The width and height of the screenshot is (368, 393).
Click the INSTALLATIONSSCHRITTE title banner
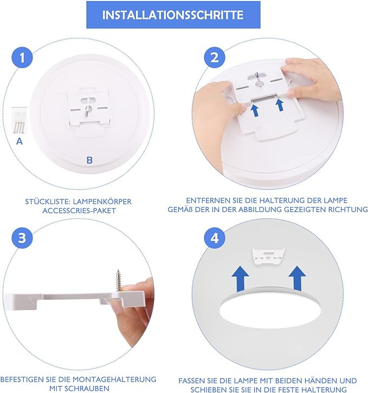click(173, 15)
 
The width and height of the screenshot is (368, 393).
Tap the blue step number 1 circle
click(22, 57)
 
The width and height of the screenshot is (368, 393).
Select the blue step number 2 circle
click(215, 57)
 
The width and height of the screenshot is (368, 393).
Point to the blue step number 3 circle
click(22, 237)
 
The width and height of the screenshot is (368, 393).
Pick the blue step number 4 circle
click(215, 237)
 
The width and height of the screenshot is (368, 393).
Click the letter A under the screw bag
click(20, 141)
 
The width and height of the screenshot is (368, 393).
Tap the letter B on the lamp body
click(89, 160)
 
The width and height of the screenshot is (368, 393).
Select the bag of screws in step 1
click(19, 120)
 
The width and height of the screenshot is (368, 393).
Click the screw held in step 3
click(119, 280)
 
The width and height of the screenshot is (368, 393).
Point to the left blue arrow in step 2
click(255, 111)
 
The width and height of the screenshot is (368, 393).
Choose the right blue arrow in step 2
click(280, 105)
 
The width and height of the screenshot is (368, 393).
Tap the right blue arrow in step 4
click(297, 278)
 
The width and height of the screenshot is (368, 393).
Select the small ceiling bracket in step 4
click(269, 256)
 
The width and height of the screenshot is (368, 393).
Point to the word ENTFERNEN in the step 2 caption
click(205, 201)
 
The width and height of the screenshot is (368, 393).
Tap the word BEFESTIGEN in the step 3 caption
click(22, 379)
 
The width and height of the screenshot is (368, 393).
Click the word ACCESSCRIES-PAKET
click(79, 210)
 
